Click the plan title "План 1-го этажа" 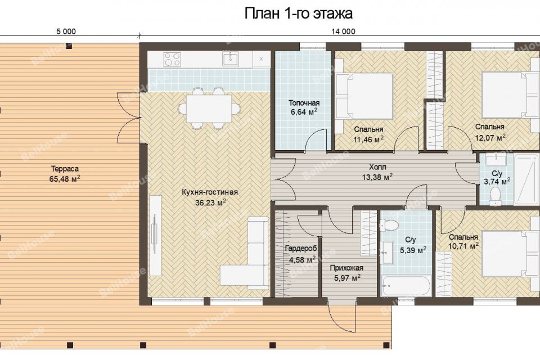coord(298,13)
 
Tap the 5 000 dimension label coord(66,31)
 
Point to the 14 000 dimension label coord(343,31)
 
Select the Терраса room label coord(65,169)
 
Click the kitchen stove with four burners coord(172,59)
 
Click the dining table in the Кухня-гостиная coord(209,109)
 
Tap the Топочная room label coord(304,103)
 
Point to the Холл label coord(377,167)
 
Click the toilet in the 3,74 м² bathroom coord(495,196)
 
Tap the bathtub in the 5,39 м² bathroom coord(406,285)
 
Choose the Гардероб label coord(300,249)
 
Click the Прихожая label coord(346,268)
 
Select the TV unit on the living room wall coord(156,236)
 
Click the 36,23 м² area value coord(210,202)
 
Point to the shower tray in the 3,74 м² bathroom coord(526,180)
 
